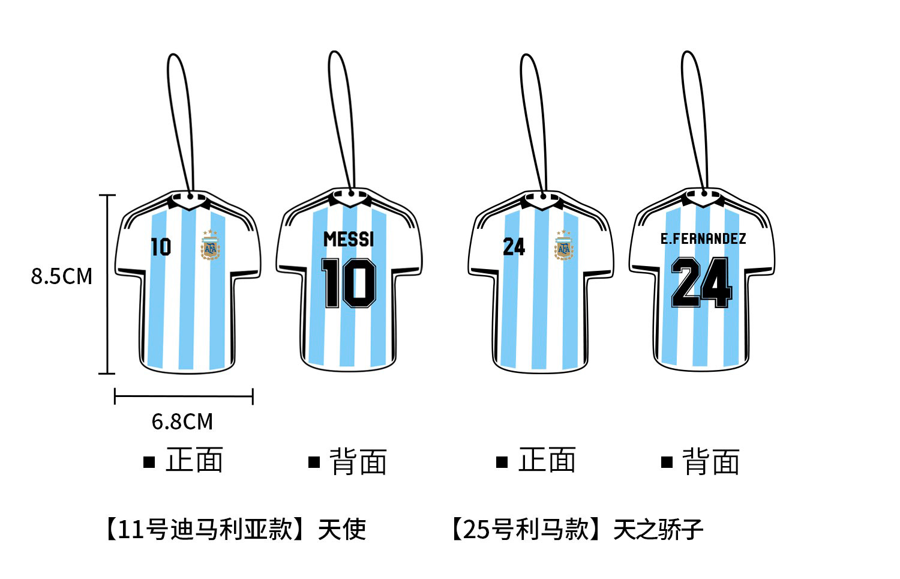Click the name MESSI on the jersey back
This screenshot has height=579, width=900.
(x=349, y=239)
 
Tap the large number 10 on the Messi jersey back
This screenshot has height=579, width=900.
(x=349, y=283)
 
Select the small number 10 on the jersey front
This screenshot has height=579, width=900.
(x=160, y=247)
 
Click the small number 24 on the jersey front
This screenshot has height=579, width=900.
(x=514, y=246)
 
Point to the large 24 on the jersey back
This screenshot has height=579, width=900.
(x=701, y=282)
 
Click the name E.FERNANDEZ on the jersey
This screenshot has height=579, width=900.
(x=703, y=238)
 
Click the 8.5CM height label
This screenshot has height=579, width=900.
(x=62, y=276)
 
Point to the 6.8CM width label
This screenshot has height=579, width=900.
(x=182, y=422)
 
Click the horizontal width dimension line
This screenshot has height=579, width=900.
(x=184, y=396)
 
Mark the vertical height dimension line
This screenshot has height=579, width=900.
(x=107, y=284)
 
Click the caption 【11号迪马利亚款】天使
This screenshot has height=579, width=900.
(x=235, y=529)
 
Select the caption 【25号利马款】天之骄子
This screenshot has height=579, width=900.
(x=576, y=529)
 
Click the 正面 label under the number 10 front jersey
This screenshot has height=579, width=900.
(x=193, y=461)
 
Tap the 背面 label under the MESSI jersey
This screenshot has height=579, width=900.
(x=358, y=461)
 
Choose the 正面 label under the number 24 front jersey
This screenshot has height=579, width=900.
(x=546, y=461)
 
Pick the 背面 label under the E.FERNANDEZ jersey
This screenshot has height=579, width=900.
(x=710, y=461)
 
